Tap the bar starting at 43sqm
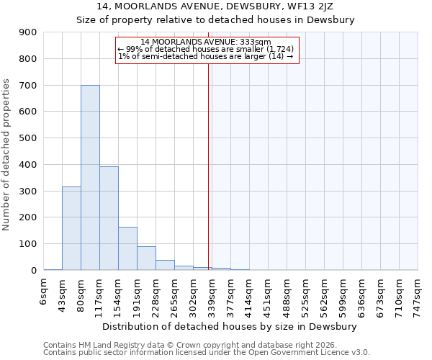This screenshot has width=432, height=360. (71, 228)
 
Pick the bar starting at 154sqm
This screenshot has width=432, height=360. (127, 248)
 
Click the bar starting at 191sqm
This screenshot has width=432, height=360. (146, 258)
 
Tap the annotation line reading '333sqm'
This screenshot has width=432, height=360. (206, 42)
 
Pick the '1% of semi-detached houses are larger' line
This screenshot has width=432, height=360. (206, 56)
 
